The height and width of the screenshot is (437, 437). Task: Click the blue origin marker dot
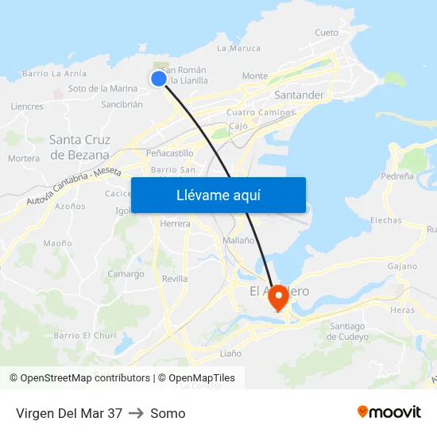[x=159, y=78]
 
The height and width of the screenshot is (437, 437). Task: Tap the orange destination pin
[x=278, y=298]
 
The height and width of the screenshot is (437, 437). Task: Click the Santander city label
[x=299, y=95]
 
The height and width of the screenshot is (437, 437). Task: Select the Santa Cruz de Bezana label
[x=79, y=147]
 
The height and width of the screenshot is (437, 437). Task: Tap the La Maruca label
[x=238, y=48]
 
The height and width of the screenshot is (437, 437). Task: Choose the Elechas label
[x=386, y=220]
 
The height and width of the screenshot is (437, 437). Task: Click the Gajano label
[x=403, y=266]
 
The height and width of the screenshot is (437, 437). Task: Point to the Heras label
[x=402, y=310]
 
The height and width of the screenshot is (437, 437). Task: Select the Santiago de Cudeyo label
[x=348, y=331]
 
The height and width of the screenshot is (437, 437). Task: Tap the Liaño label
[x=230, y=353]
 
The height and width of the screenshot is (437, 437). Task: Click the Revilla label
[x=175, y=279]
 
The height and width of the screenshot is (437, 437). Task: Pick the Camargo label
[x=126, y=274]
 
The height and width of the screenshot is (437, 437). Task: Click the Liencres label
[x=27, y=106]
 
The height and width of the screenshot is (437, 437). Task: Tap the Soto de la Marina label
[x=102, y=88]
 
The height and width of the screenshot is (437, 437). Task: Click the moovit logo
[x=389, y=412]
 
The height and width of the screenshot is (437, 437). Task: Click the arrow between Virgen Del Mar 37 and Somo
[x=136, y=413]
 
